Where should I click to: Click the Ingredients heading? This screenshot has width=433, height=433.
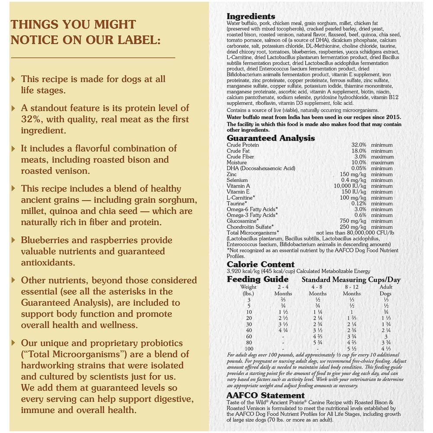[x=251, y=16]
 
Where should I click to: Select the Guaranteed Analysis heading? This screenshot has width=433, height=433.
[x=271, y=139]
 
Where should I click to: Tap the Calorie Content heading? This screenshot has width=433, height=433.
[x=261, y=265]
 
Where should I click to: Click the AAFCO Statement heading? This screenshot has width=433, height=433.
[x=265, y=395]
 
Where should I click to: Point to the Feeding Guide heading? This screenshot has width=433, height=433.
[x=258, y=279]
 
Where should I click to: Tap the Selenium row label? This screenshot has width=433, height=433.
[x=237, y=180]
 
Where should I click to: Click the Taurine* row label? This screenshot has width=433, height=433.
[x=237, y=204]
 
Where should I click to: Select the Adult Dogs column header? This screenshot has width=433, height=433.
[x=385, y=290]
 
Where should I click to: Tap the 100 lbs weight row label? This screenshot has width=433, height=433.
[x=249, y=349]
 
